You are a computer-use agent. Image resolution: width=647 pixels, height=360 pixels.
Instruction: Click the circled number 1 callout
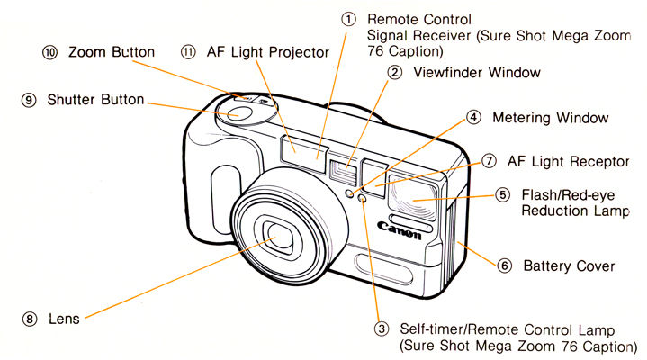[x=349, y=19]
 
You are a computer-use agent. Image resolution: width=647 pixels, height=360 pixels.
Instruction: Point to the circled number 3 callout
[x=382, y=330]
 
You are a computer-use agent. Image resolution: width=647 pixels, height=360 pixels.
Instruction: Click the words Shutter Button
[x=95, y=100]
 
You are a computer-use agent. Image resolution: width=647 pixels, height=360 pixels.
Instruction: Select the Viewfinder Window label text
[x=477, y=72]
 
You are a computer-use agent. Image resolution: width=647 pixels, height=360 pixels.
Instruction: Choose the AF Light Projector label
[x=268, y=52]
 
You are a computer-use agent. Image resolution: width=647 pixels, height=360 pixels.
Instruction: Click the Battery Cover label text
[x=569, y=265]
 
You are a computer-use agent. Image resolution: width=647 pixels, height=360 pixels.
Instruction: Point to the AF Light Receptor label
[x=567, y=161]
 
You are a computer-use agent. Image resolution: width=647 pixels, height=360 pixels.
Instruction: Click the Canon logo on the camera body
[x=400, y=230]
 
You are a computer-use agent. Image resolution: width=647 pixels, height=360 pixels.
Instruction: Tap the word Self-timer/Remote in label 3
[x=455, y=330]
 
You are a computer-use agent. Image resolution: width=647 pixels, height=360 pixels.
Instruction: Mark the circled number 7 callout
[x=489, y=161]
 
